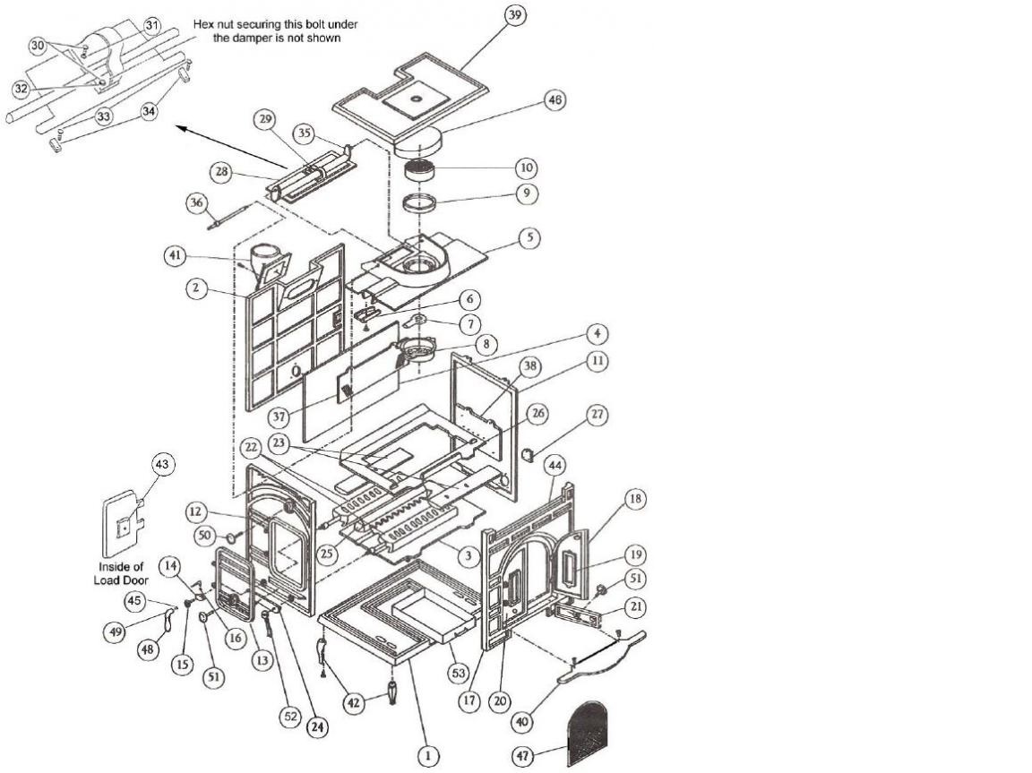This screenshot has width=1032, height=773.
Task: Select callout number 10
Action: (x=526, y=167)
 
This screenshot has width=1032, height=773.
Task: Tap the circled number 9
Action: (x=526, y=193)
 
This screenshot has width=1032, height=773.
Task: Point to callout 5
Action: (x=529, y=237)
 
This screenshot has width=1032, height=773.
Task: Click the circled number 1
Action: (x=428, y=756)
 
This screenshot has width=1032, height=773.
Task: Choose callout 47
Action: (x=523, y=757)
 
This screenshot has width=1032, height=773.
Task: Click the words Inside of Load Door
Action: (x=122, y=573)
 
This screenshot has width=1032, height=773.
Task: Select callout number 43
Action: (x=162, y=465)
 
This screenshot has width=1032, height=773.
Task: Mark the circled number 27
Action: (x=597, y=415)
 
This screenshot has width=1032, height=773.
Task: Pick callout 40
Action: (x=523, y=722)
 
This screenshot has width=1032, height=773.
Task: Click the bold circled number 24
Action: (x=318, y=726)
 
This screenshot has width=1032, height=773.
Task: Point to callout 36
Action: (x=197, y=203)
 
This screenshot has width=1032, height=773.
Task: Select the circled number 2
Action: (x=195, y=288)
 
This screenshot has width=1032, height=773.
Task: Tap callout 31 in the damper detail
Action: (x=152, y=26)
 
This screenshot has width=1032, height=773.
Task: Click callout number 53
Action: (x=458, y=673)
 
